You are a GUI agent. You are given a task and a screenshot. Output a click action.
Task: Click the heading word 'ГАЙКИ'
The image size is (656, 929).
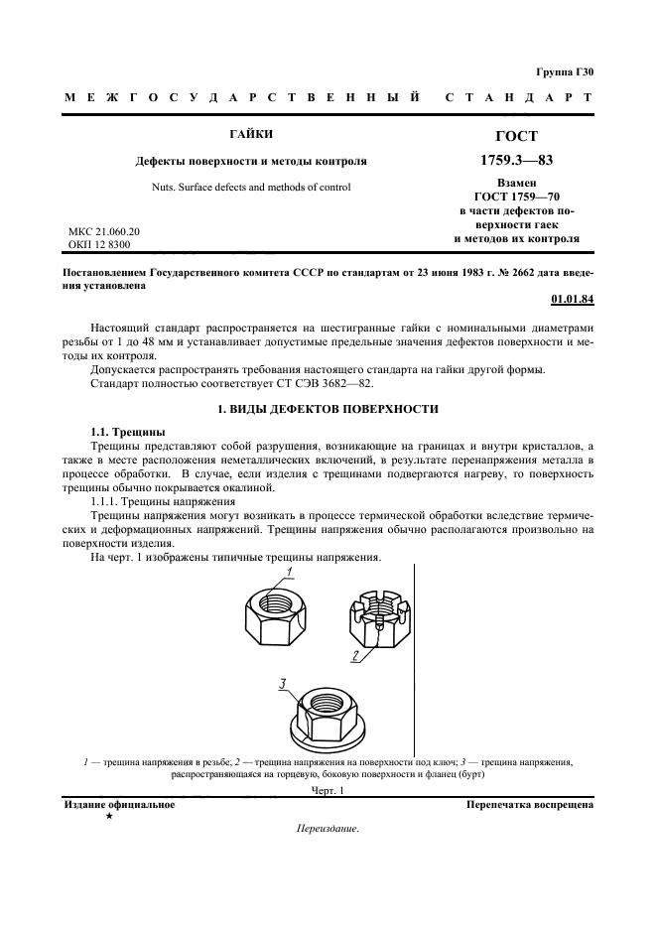(x=253, y=134)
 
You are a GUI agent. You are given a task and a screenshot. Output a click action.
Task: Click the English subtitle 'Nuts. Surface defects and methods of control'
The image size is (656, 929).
(x=252, y=187)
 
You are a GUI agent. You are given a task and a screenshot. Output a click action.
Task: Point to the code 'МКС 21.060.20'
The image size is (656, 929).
(x=104, y=230)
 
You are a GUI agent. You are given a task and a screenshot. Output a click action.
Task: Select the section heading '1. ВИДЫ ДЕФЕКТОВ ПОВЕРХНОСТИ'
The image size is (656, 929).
(x=328, y=409)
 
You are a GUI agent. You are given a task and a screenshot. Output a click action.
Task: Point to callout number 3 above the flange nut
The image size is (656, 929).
(x=282, y=684)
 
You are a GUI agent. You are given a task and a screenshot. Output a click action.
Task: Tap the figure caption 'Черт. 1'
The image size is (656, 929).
(x=327, y=790)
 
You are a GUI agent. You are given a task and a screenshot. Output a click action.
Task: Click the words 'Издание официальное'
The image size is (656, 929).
(x=119, y=804)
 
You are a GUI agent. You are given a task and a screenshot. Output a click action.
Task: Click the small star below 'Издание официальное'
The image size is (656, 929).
(x=108, y=816)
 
